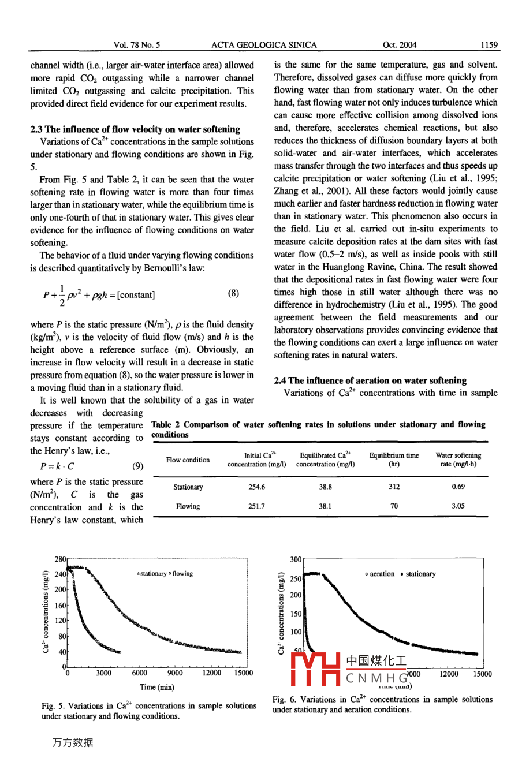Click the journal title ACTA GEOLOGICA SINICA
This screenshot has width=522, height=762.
point(264,45)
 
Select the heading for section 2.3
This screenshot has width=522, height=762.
point(135,129)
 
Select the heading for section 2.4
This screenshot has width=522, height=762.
point(370,380)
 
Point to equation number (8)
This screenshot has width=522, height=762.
point(233,293)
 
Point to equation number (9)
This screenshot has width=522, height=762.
point(137,466)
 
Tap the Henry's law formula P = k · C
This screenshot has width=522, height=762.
point(57,466)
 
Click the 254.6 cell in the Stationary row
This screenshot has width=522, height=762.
point(256,487)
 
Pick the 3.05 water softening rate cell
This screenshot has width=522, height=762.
point(458,506)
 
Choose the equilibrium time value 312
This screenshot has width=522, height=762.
point(394,487)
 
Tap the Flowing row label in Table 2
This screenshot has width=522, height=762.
point(188,506)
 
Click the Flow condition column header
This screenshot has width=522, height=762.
point(188,460)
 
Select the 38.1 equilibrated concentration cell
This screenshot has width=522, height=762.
point(325,506)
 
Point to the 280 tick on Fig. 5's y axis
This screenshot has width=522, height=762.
point(60,560)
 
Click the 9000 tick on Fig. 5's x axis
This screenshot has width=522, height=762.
point(175,673)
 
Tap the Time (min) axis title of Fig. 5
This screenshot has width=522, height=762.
point(157,687)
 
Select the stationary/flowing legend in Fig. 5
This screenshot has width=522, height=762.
point(165,574)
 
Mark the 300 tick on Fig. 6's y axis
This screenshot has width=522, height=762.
point(296,560)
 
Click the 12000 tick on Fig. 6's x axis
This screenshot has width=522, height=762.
point(449,674)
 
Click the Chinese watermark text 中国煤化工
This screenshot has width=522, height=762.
point(376,660)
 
